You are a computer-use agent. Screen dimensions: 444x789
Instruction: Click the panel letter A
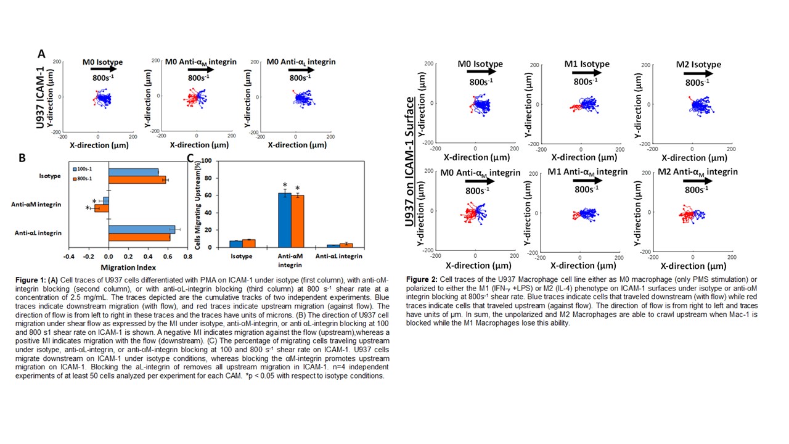pos(42,54)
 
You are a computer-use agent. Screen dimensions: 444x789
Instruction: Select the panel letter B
pos(22,157)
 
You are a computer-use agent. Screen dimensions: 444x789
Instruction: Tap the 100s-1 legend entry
pos(84,168)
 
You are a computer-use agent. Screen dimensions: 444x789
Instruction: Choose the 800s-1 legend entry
pos(84,179)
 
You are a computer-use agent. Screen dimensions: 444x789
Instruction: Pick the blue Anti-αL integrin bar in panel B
pos(142,229)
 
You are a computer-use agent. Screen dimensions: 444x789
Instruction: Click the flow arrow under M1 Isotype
pos(586,73)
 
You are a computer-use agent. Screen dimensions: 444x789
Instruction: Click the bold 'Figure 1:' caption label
pos(32,280)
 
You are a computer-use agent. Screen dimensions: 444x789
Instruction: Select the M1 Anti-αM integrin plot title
pos(587,172)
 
